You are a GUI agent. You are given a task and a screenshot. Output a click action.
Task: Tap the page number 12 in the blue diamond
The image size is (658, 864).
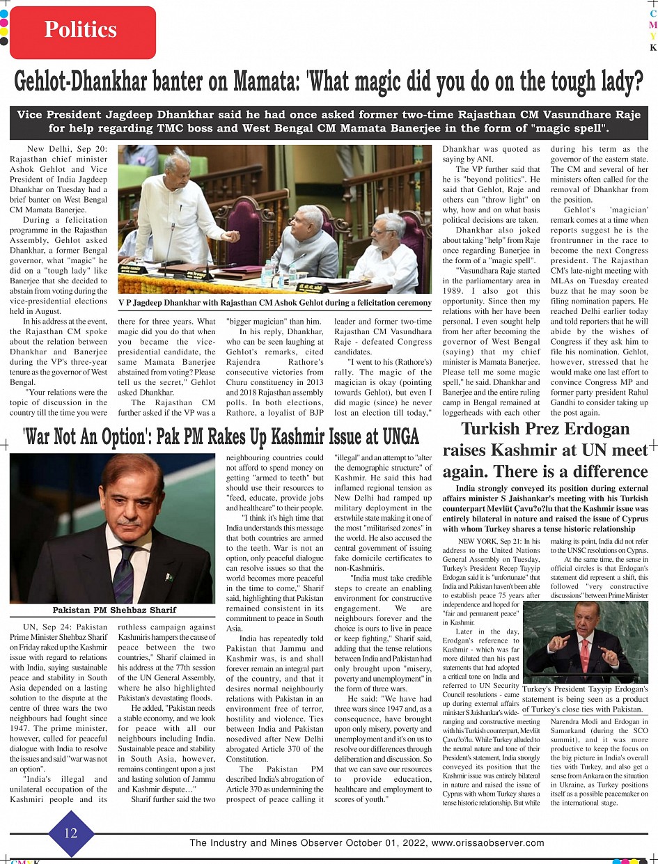(70, 833)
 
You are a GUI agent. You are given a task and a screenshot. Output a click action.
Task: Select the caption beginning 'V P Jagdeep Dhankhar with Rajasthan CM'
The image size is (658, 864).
(275, 302)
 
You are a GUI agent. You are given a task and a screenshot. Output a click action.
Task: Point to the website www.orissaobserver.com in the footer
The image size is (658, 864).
(487, 842)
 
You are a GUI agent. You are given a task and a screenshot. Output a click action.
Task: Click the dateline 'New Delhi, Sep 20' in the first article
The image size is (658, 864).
(67, 150)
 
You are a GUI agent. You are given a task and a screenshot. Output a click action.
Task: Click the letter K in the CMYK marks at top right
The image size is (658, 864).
(652, 47)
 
